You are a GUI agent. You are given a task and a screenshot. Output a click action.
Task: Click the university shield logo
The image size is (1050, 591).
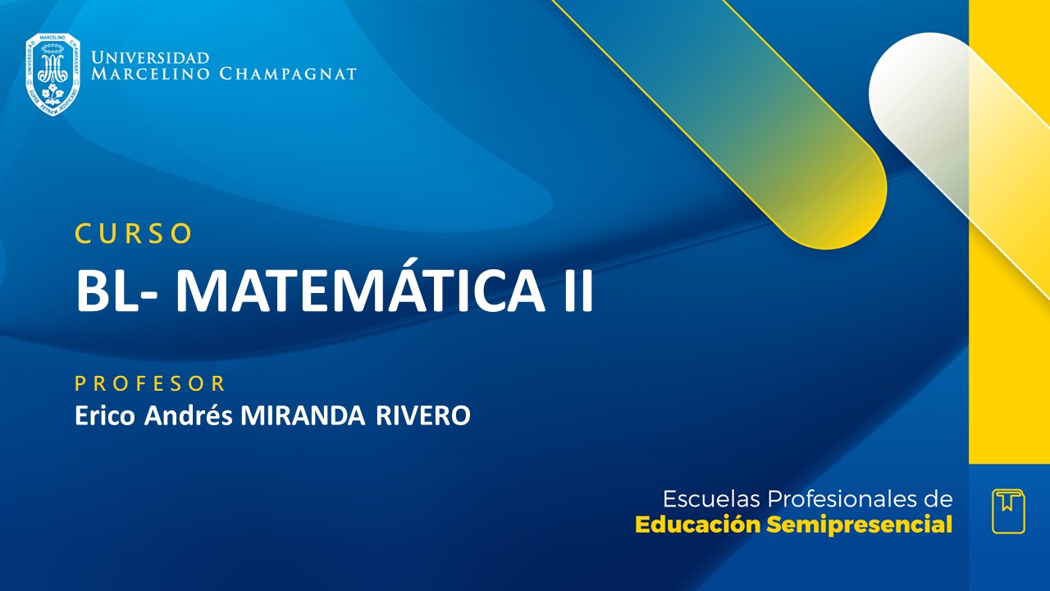click(52, 74)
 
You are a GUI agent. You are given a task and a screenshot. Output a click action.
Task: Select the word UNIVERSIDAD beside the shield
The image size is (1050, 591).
click(150, 57)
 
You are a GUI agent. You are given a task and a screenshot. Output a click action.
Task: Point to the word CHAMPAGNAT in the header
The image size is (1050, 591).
click(288, 74)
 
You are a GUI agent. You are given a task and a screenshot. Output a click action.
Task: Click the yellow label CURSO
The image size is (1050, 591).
click(134, 234)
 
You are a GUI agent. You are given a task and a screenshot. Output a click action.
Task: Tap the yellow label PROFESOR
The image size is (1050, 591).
click(150, 383)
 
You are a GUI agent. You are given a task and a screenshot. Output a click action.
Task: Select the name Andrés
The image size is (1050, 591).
click(189, 415)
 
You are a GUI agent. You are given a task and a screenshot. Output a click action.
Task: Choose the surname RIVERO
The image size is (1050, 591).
click(423, 415)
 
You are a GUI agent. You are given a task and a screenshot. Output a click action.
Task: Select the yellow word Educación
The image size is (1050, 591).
click(698, 525)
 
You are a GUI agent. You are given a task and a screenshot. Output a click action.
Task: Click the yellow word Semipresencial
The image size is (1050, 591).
click(860, 525)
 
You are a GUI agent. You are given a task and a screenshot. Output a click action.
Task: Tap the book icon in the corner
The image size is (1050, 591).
click(1008, 511)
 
